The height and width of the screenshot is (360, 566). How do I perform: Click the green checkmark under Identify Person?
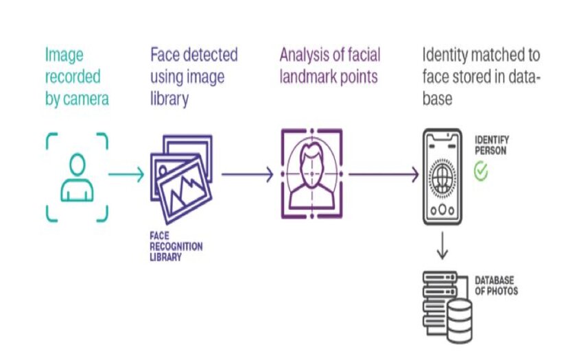pyautogui.click(x=482, y=171)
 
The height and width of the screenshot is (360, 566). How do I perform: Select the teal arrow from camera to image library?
pyautogui.click(x=127, y=175)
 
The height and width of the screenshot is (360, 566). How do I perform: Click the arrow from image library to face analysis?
pyautogui.click(x=247, y=175)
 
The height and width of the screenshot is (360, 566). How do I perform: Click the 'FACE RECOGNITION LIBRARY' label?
pyautogui.click(x=176, y=246)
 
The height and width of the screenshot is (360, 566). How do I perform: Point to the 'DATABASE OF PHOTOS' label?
pyautogui.click(x=496, y=286)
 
